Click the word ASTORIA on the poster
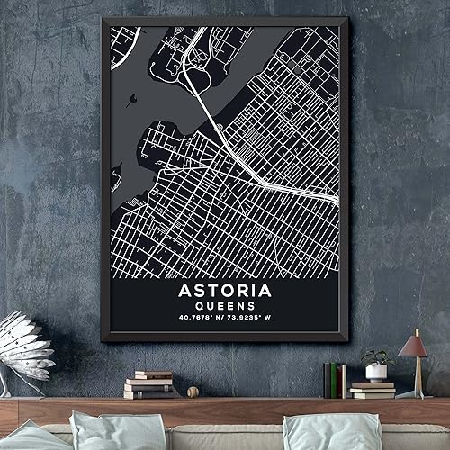point(224,291)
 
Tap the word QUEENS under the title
point(224,306)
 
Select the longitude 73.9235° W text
point(253,318)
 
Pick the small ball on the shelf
point(192,391)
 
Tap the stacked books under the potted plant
point(373,390)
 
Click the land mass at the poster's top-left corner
point(123,40)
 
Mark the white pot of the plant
point(376,372)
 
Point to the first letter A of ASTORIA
point(185,291)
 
